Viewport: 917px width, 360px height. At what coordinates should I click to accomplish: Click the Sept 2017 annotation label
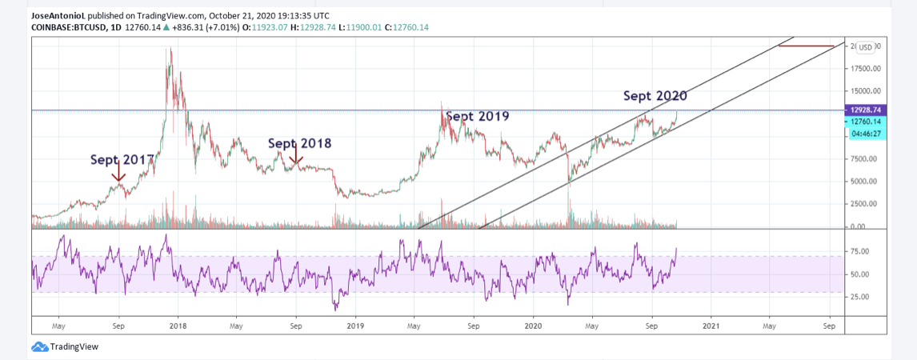click(x=122, y=159)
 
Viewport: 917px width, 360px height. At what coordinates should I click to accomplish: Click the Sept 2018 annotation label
click(x=299, y=143)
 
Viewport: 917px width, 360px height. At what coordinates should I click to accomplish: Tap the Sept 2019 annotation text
click(x=477, y=116)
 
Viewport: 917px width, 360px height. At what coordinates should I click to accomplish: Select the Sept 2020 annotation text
click(x=655, y=96)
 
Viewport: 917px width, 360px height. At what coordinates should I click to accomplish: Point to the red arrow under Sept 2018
click(x=296, y=155)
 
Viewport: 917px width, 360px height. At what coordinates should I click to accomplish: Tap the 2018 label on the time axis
click(x=178, y=326)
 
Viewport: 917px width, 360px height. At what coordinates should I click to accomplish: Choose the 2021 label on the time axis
click(x=711, y=326)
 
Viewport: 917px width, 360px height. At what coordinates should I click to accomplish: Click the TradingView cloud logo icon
click(x=39, y=347)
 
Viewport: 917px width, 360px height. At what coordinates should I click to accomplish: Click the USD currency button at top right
click(x=866, y=46)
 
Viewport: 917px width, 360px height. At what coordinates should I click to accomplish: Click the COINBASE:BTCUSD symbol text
click(x=66, y=26)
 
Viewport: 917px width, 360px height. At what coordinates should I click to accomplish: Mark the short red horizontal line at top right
click(x=807, y=46)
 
